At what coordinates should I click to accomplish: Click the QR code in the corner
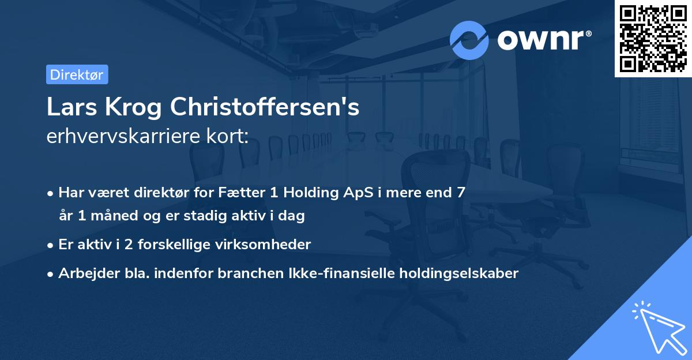[x=653, y=38]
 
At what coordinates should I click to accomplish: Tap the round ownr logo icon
[x=469, y=40]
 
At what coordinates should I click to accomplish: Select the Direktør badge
[x=77, y=74]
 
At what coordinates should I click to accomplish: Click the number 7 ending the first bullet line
[x=460, y=193]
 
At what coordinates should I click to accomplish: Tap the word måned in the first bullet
[x=106, y=216]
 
